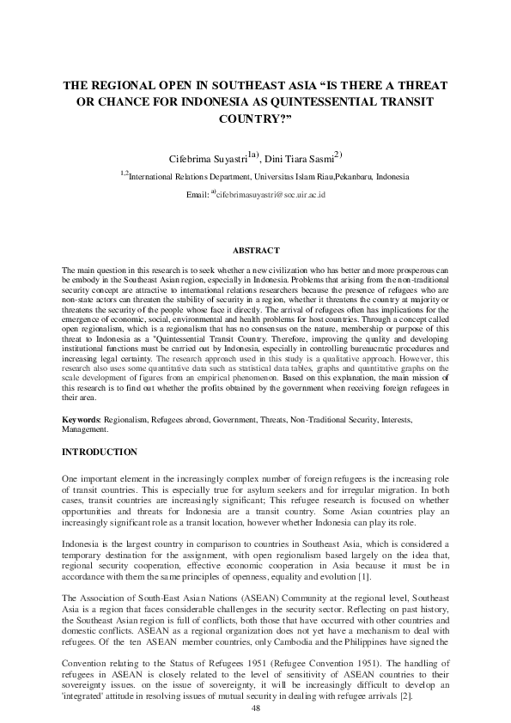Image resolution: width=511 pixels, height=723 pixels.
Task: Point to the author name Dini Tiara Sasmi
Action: tap(298, 158)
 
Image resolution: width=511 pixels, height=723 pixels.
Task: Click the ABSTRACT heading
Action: tap(256, 250)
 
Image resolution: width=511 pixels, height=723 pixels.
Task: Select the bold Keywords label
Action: tap(82, 419)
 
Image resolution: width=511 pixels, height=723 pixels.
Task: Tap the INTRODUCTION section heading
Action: tap(100, 452)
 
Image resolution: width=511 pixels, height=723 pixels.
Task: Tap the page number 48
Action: tap(255, 708)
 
